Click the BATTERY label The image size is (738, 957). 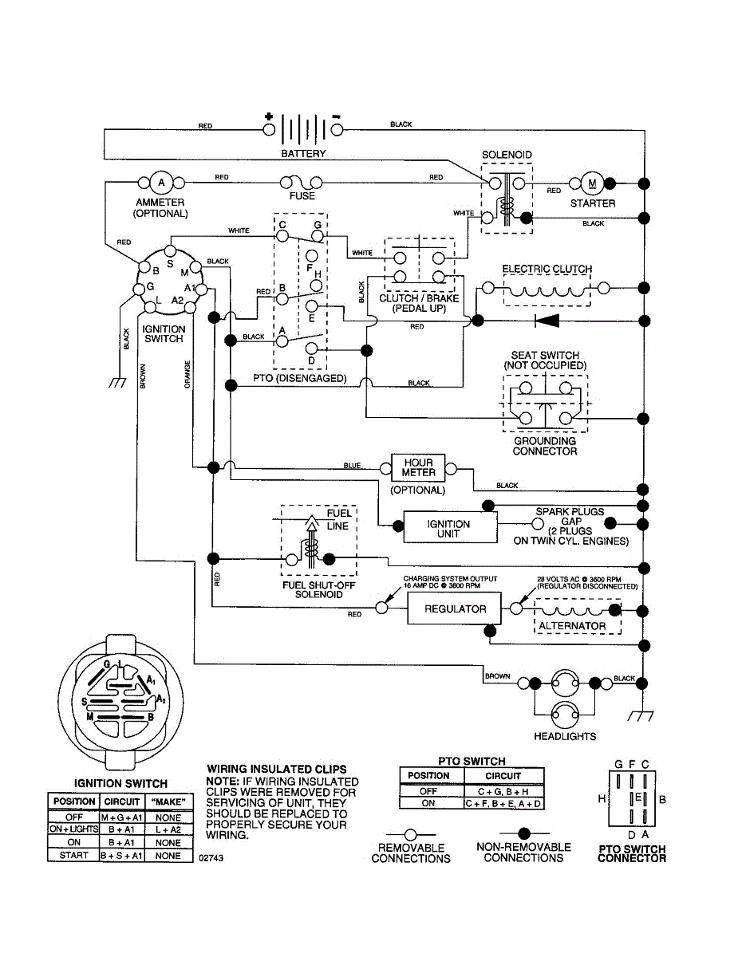point(303,153)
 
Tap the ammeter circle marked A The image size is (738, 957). point(161,183)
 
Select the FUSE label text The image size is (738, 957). point(302,196)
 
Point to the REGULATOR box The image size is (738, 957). point(455,608)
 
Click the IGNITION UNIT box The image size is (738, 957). point(448,529)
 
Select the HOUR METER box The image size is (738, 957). point(418,467)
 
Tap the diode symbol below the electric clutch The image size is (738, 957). point(547,321)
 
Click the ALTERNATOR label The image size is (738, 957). point(572,626)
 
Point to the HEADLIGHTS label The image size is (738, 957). point(565,736)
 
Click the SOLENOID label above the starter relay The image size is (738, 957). point(507,155)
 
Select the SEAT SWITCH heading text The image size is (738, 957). point(545,355)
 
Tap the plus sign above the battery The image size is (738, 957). point(269,116)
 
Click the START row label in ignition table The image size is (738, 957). point(73,856)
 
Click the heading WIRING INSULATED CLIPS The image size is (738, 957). point(276,770)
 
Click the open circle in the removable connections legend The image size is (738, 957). point(411,833)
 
